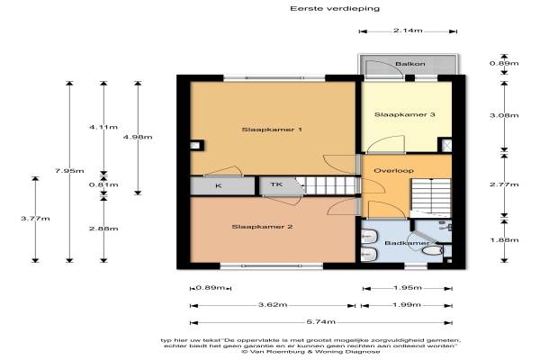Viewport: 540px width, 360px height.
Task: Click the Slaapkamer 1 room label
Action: point(272,130)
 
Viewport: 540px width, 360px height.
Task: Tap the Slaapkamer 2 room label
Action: point(262,227)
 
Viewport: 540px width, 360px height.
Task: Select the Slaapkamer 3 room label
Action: point(405,114)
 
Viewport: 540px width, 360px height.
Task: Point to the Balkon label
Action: point(410,64)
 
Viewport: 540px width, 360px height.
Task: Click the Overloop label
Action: point(393,170)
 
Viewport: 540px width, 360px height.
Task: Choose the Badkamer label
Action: point(407,243)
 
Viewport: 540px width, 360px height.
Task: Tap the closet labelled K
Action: point(219,185)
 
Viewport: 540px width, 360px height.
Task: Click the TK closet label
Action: point(276,184)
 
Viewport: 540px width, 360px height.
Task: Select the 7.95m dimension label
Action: point(69,170)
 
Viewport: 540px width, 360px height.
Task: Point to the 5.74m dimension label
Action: point(321,322)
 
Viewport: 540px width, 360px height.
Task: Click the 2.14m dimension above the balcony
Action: point(408,31)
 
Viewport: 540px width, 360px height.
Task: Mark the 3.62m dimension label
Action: point(273,304)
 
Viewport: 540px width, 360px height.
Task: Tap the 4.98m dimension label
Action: point(138,137)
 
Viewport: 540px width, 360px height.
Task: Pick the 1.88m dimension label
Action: point(504,239)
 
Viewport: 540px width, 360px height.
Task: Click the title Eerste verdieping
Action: point(335,8)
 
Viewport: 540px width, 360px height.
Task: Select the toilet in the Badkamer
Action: point(433,250)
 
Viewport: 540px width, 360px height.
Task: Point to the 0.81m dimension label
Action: point(103,184)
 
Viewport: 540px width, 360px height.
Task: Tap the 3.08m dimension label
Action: point(504,115)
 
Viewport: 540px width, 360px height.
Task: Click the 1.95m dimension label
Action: point(408,287)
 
